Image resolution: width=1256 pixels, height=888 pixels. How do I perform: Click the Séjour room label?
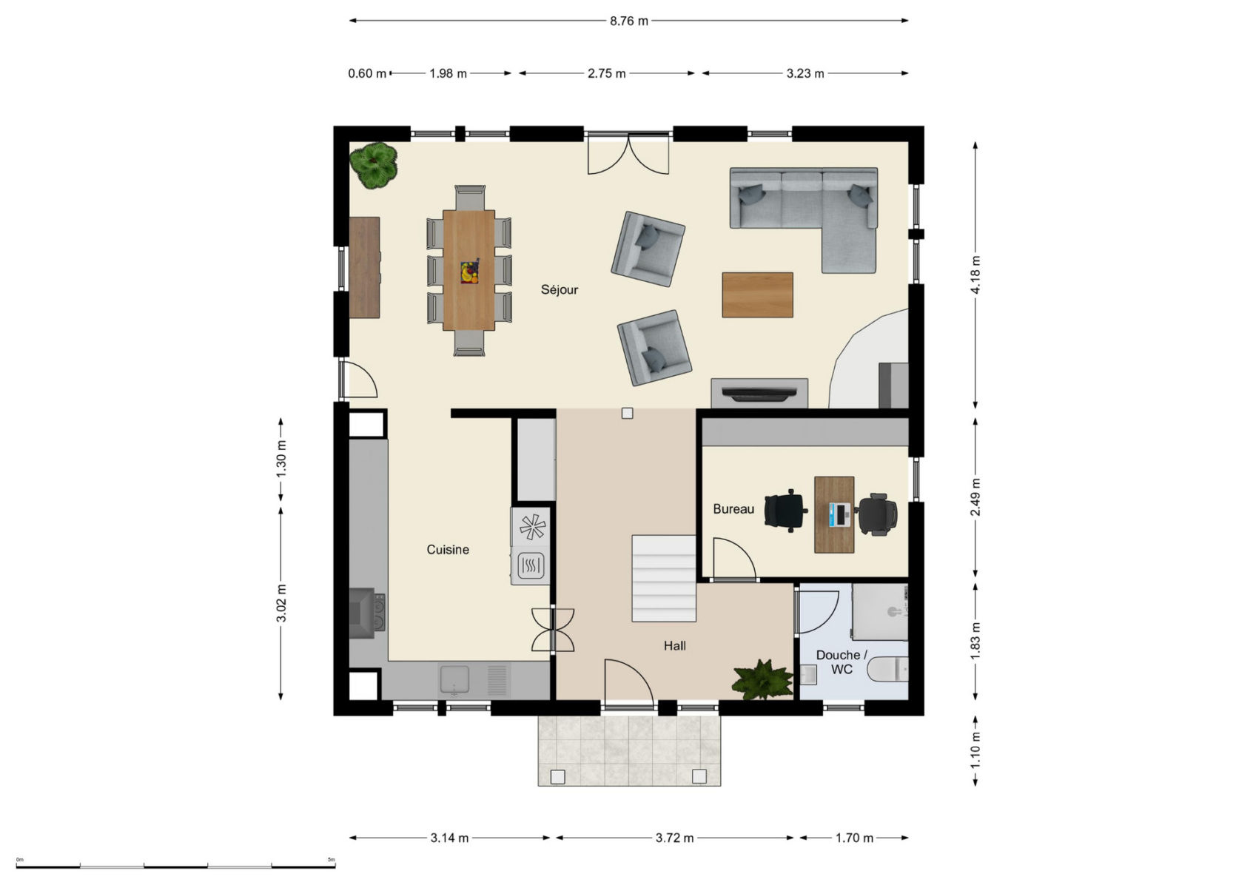pos(559,290)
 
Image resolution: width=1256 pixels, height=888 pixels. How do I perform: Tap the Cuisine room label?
pos(448,550)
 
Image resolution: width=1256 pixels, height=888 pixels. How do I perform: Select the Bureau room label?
pos(733,509)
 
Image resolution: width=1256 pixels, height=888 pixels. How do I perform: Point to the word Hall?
pos(674,646)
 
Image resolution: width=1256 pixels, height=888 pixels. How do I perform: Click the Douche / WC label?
pos(842,662)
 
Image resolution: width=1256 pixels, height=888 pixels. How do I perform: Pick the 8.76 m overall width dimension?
pos(629,21)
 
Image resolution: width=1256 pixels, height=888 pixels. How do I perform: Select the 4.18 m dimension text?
pos(975,275)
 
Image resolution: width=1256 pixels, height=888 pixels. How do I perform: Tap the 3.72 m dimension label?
pos(674,838)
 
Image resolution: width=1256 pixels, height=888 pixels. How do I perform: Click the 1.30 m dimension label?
pos(281,459)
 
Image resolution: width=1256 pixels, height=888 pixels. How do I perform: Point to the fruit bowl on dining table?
pos(469,272)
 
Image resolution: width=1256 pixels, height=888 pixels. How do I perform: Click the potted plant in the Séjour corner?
pos(374,165)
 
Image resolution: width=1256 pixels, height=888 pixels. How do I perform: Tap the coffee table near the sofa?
pos(758,295)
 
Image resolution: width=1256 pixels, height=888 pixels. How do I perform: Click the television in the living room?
pos(759,394)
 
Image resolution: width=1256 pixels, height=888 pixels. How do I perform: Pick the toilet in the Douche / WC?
pos(887,669)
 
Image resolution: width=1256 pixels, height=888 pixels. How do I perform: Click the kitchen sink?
pos(454,680)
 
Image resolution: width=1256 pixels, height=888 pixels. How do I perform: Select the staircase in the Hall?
pos(664,579)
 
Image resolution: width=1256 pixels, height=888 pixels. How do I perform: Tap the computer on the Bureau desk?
pos(839,514)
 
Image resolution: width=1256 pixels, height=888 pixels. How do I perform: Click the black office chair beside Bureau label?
pos(786,511)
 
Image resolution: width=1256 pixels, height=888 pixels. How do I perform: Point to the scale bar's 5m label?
pos(332,859)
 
